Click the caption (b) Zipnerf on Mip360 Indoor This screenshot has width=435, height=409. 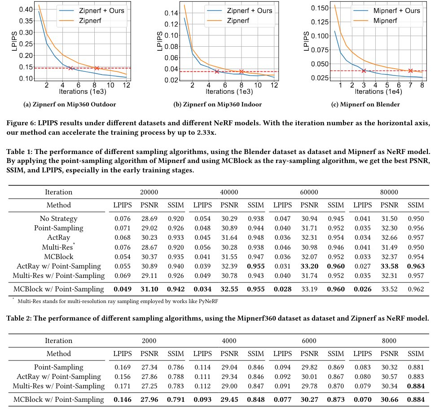(217, 105)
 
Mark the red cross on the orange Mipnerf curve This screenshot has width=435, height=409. (410, 70)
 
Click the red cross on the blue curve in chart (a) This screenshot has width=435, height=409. (70, 68)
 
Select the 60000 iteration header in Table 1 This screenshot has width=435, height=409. (309, 192)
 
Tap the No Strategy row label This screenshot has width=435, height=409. (58, 219)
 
